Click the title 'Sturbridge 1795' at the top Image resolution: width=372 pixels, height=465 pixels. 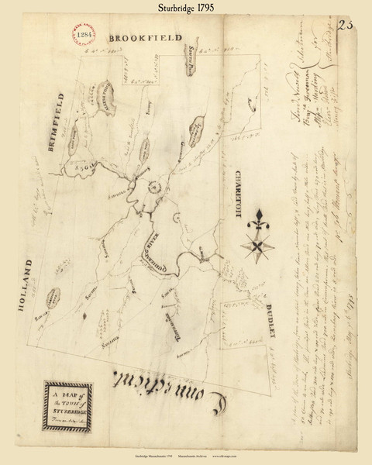(186, 9)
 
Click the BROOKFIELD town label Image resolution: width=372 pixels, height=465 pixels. (146, 37)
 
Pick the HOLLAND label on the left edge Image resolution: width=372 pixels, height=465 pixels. (23, 287)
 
